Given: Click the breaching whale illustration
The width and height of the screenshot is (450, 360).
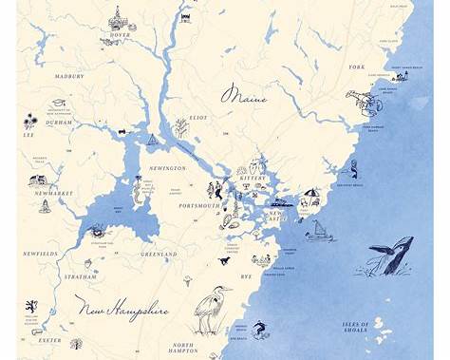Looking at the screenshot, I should pos(390,256).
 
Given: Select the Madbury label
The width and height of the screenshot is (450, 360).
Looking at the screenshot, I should pos(69,76).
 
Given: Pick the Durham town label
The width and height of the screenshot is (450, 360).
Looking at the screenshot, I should pos(59,123).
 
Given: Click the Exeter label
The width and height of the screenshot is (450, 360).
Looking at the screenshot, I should pos(49,339).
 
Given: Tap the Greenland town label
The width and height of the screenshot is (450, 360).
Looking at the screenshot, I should pos(158,255).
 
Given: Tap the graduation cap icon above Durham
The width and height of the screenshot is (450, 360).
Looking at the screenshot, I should pos(58,103).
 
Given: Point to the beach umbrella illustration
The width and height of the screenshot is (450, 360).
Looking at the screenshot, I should pos(310,197).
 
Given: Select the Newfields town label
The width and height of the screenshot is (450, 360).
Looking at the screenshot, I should pos(41,255).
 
